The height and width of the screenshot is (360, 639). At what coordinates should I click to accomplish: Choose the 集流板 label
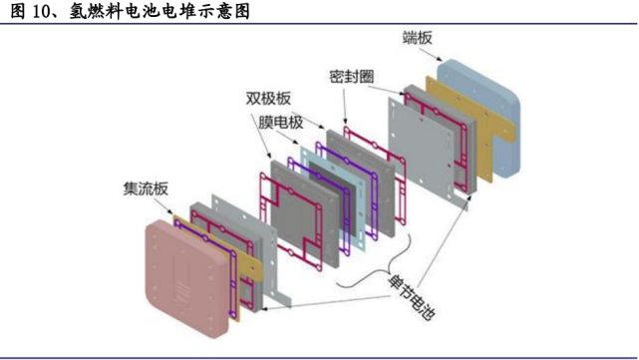pos(145,187)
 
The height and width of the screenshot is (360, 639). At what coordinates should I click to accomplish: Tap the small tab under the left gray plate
pos(283,297)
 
